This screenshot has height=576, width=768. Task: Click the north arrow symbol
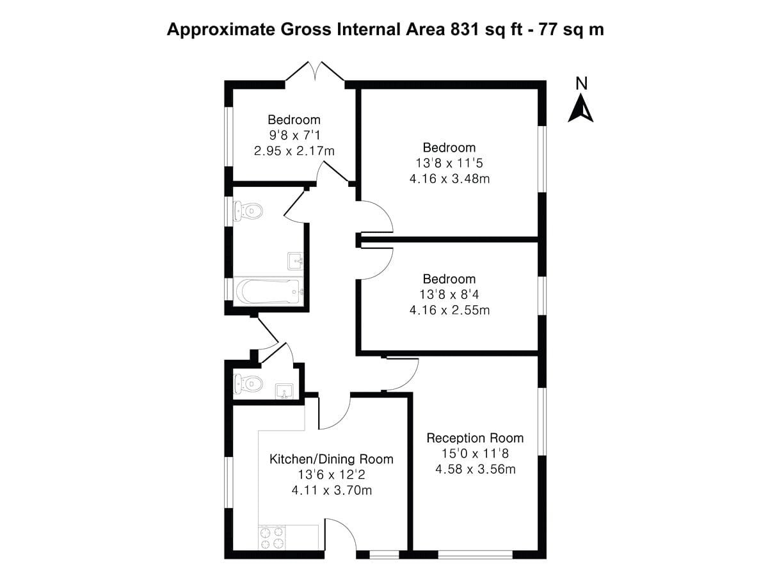click(581, 108)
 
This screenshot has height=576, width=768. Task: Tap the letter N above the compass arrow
click(581, 83)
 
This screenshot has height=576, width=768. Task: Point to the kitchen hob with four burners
click(271, 537)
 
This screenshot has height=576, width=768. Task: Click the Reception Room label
click(475, 438)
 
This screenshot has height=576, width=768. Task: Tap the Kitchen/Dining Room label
click(331, 460)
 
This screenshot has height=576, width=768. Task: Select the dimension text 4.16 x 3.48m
click(449, 179)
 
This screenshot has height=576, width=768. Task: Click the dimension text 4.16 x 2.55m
click(449, 310)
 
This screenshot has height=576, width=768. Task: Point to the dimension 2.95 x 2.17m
click(294, 151)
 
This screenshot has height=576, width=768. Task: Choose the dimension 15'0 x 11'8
click(475, 454)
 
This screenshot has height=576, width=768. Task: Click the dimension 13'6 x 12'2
click(331, 476)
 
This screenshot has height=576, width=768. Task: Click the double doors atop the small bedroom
click(315, 72)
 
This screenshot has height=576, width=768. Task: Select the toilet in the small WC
click(248, 383)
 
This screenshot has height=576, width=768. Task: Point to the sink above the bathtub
click(295, 261)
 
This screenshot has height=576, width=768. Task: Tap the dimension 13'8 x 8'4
click(449, 295)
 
